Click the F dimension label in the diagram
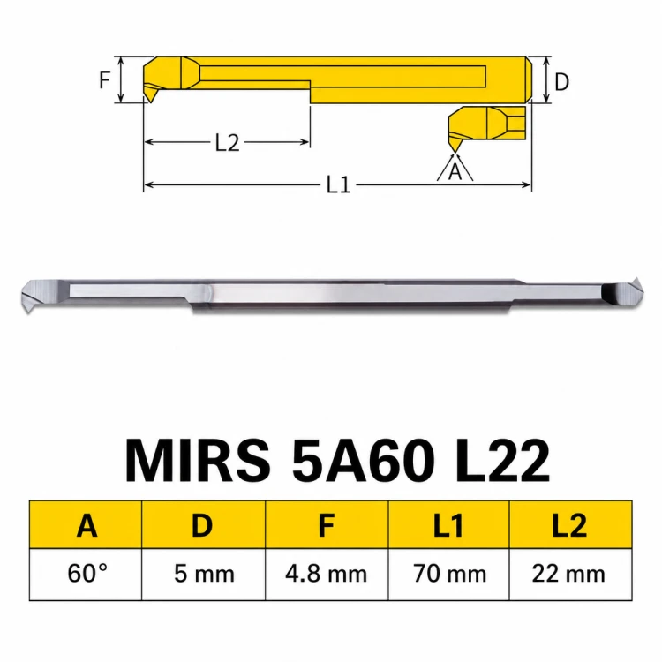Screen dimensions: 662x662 [x=105, y=79]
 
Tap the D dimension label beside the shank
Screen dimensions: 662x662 [x=561, y=82]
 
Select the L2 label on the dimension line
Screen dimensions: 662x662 [x=227, y=143]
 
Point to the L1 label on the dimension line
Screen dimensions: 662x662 [x=339, y=184]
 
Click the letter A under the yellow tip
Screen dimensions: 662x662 [x=455, y=172]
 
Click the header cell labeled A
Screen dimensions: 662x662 [x=86, y=525]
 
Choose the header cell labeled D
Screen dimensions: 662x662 [x=204, y=525]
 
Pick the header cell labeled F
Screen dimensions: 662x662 [x=327, y=525]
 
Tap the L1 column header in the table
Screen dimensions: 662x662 [x=448, y=525]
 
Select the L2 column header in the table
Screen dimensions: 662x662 [x=571, y=525]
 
